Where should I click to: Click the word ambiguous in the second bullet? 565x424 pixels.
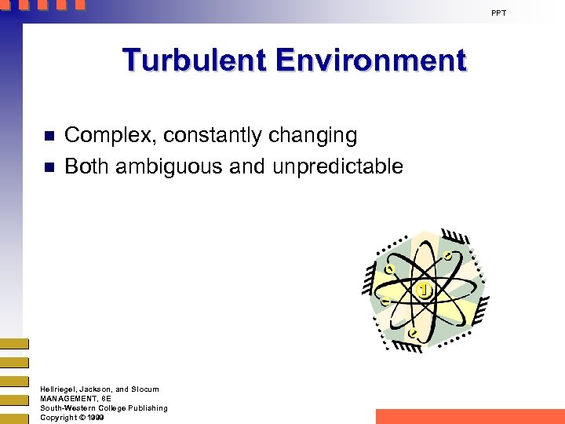(x=183, y=166)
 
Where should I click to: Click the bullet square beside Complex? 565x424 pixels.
(x=48, y=136)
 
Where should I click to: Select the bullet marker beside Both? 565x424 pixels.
(x=48, y=166)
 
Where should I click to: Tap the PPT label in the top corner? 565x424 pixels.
(x=499, y=13)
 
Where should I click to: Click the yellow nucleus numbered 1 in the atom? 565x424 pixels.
(x=425, y=291)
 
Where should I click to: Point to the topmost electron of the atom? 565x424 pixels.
(x=447, y=256)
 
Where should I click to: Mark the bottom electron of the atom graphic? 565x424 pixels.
(x=413, y=333)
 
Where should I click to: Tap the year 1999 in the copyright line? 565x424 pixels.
(x=96, y=417)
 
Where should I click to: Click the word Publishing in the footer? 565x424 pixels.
(x=148, y=408)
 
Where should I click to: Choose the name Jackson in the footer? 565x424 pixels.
(x=96, y=389)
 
